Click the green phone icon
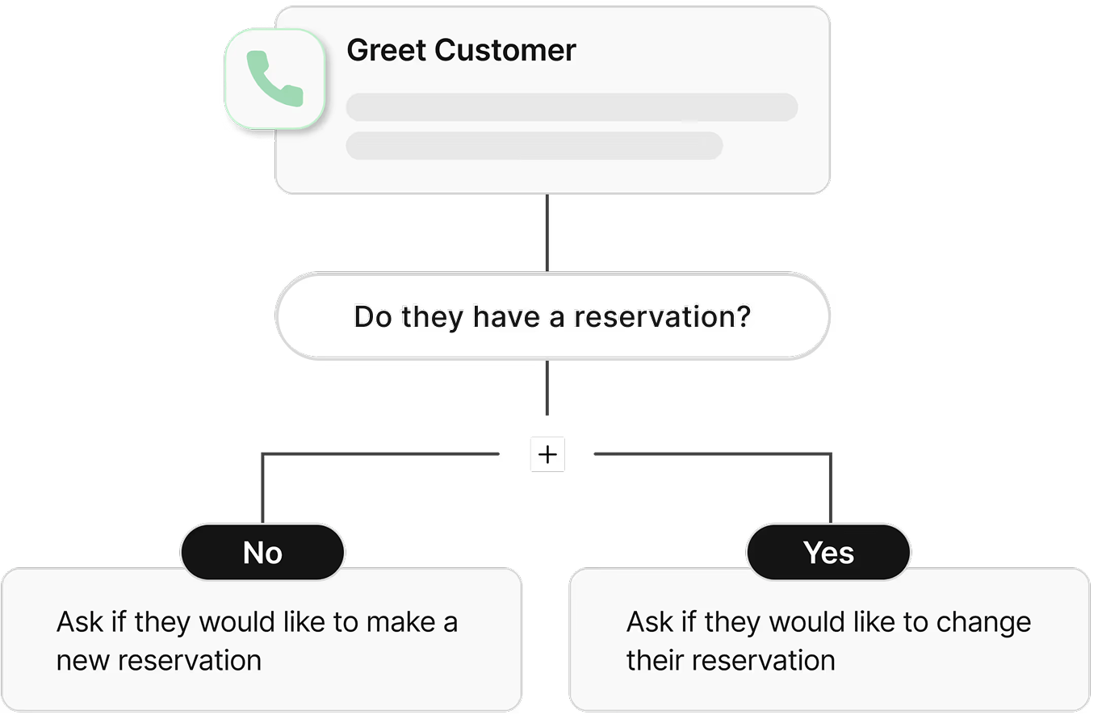274,79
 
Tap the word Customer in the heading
505,50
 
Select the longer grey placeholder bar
572,107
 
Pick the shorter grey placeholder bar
534,146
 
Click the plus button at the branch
547,454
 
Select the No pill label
262,553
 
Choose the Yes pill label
828,553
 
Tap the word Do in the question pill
372,316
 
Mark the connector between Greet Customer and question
547,232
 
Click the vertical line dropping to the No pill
262,488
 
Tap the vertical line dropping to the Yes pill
830,488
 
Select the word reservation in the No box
190,660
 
